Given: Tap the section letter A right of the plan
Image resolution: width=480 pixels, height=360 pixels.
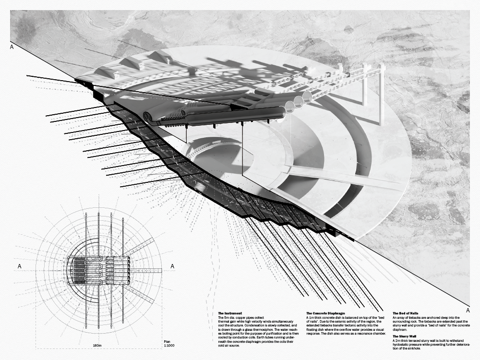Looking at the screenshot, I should [172, 266].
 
